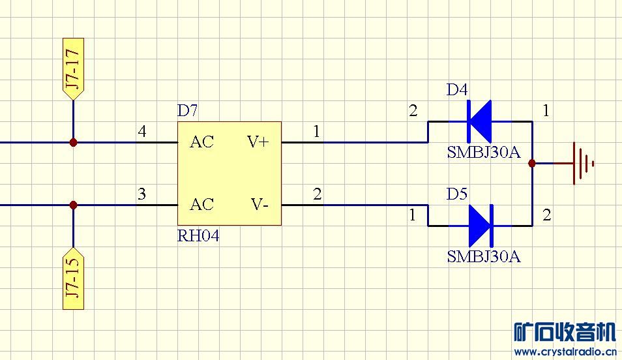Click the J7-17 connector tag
73,69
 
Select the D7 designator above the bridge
188,111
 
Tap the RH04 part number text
198,236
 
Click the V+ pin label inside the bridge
258,142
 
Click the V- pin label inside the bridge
259,205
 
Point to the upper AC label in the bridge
201,142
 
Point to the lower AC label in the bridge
201,205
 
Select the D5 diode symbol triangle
479,226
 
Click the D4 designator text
457,90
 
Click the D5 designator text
457,194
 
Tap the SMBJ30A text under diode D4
483,153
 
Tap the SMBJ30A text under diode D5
483,256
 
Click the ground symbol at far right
582,163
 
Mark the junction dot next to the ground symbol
532,163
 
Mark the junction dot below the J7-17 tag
73,142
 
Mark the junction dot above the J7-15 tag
73,205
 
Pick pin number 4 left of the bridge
142,132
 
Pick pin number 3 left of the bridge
142,194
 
